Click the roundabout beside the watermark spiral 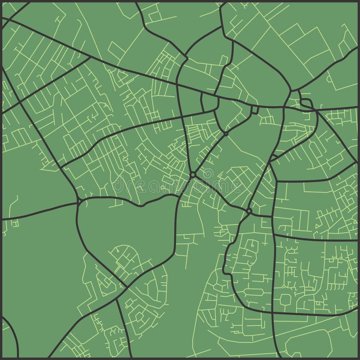pos(193,174)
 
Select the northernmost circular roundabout pos(226,134)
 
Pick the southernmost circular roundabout pos(249,210)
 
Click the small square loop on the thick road pos(255,110)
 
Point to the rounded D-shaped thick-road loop pos(306,103)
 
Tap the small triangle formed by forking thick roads pos(209,103)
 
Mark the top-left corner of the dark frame pos(1,1)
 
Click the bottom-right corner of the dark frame pos(359,359)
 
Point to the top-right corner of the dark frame pos(359,1)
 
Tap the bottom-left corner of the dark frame pos(1,359)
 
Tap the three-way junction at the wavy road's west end pos(80,200)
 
